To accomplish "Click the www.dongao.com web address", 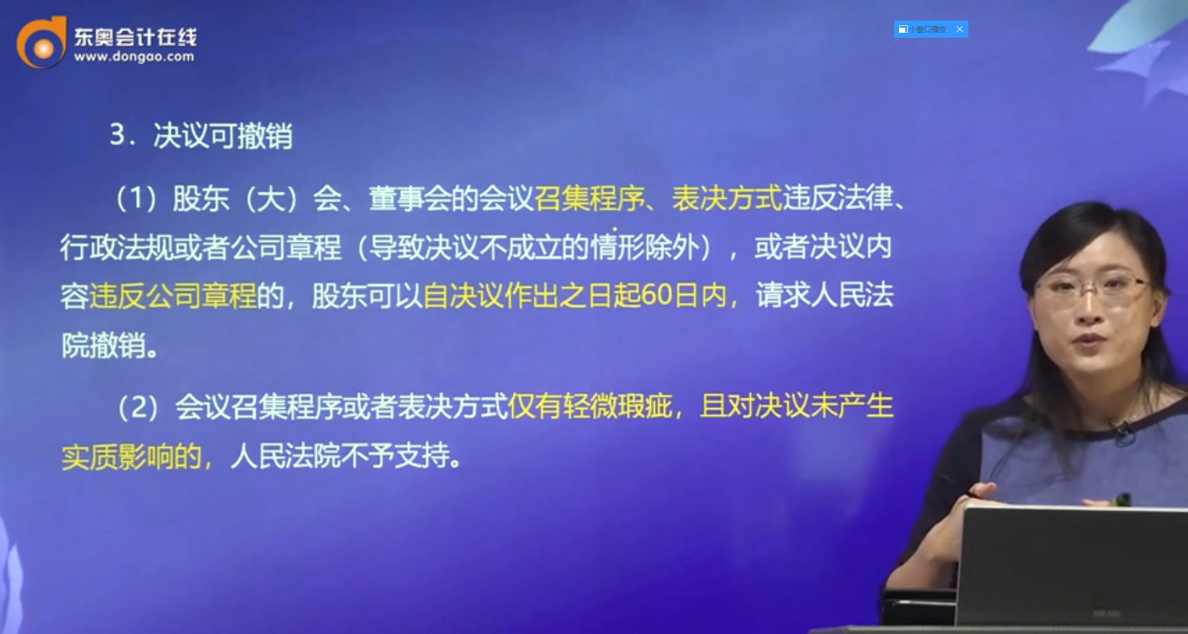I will point(134,57).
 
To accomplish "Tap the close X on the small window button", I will point(960,29).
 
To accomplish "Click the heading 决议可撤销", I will point(223,135).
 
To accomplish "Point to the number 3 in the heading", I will point(117,134).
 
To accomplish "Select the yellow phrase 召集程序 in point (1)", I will point(590,199).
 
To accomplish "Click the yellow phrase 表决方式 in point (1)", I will point(727,199).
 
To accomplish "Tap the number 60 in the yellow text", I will point(656,295).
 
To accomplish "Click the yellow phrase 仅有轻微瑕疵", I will point(591,406).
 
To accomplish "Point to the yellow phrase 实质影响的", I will point(132,456).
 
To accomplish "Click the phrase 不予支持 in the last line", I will point(395,456).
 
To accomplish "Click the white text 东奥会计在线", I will point(136,37).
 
